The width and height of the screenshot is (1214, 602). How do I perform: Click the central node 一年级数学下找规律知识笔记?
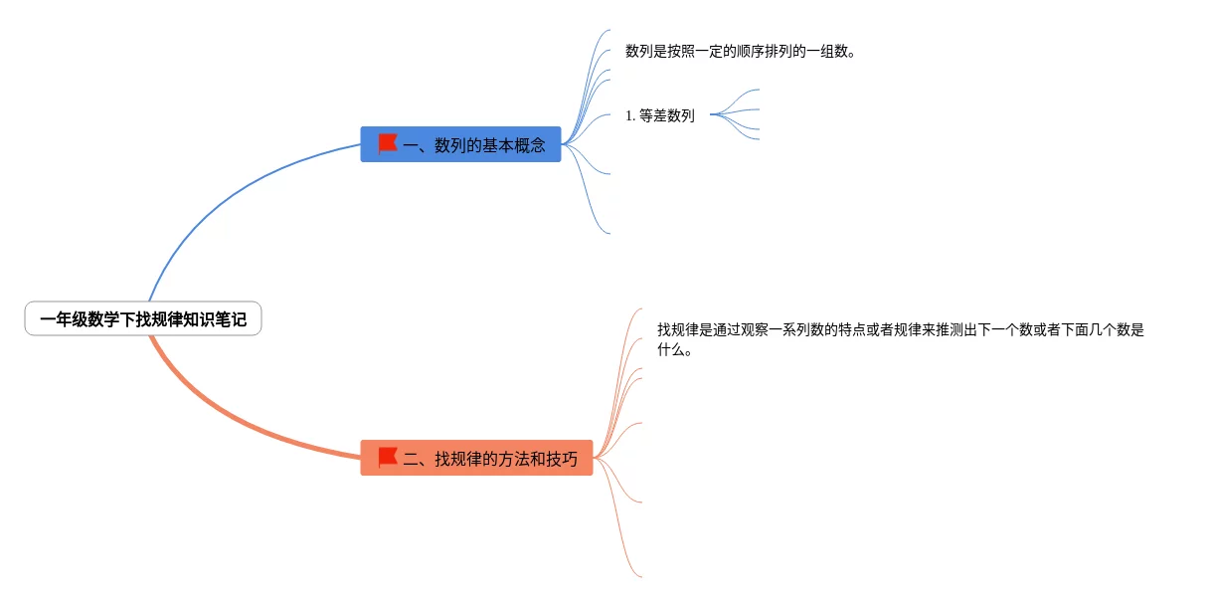click(x=143, y=319)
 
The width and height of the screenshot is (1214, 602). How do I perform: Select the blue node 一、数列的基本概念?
click(x=460, y=144)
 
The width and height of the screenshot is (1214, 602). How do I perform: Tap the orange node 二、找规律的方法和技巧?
click(x=476, y=459)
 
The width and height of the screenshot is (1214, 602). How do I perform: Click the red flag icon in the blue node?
click(x=388, y=143)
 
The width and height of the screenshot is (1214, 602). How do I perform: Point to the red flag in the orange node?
click(x=388, y=458)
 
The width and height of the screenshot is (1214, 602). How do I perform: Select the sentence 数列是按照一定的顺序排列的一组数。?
click(x=741, y=52)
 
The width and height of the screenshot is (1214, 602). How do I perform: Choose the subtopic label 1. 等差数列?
click(x=660, y=115)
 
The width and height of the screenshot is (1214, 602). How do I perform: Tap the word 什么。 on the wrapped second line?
click(x=674, y=350)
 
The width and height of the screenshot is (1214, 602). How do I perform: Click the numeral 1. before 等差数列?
click(x=630, y=115)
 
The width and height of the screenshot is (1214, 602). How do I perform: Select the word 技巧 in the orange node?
click(x=562, y=460)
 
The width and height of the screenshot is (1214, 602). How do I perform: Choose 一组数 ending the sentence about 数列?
click(x=827, y=52)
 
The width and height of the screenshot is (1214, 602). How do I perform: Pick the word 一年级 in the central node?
click(x=64, y=320)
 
